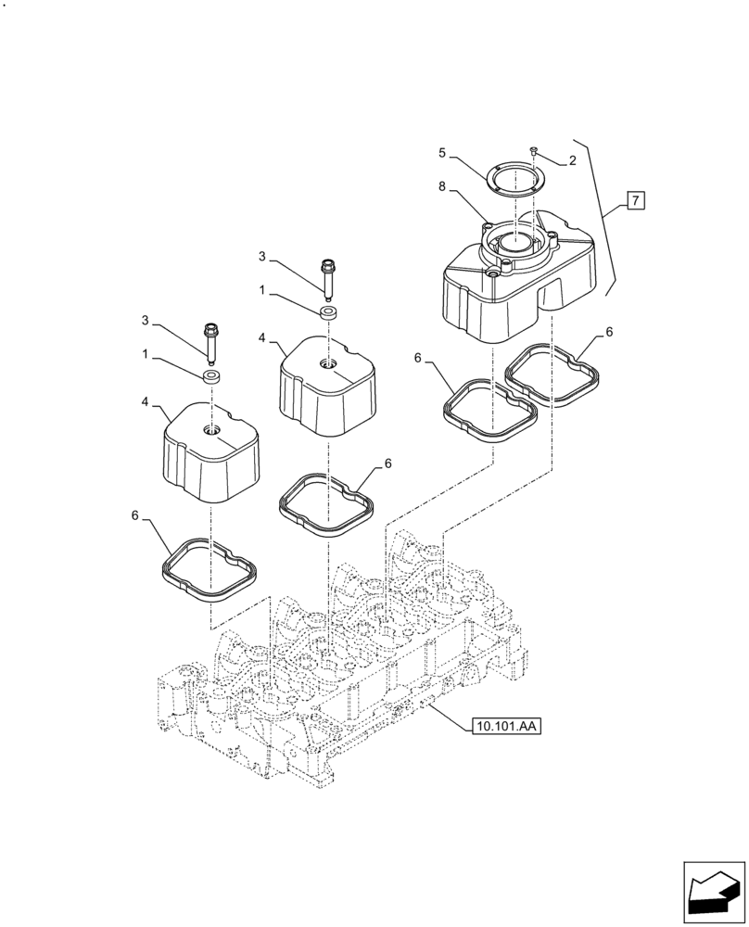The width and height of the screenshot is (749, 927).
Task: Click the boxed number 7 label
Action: (635, 199)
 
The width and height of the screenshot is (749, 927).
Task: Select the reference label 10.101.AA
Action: (505, 726)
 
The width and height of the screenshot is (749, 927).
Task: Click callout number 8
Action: (443, 186)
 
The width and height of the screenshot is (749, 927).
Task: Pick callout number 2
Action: (573, 160)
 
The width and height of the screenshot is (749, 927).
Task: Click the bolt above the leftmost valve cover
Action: (210, 341)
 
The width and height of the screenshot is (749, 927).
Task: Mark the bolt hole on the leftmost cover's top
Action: (211, 429)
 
